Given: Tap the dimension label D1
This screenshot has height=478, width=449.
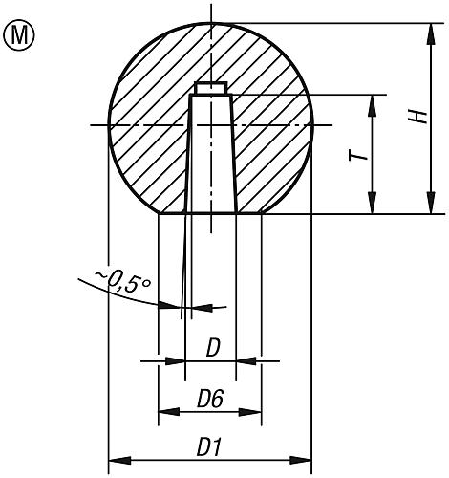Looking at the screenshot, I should click(210, 446).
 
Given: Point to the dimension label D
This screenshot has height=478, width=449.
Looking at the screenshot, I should click(213, 348).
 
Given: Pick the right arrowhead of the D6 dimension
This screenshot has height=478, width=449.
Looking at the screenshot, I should click(256, 412).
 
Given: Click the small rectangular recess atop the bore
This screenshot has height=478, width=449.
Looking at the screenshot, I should click(210, 88).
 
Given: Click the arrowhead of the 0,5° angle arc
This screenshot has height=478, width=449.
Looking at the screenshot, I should click(175, 306).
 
